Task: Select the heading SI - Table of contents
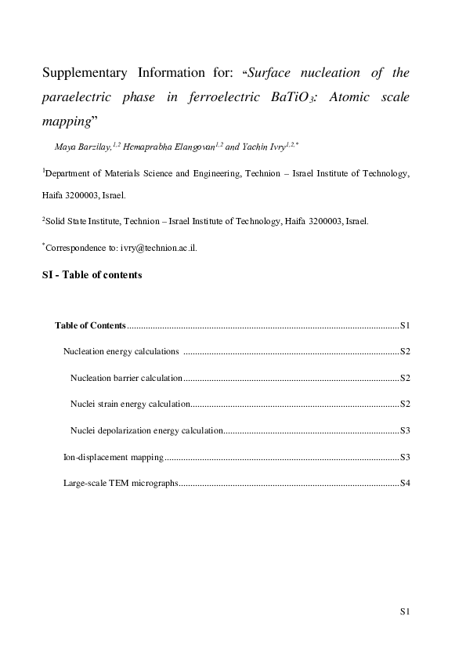pos(92,274)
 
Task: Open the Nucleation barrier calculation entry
pos(126,378)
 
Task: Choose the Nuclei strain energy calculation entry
pos(130,404)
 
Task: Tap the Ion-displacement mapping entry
pos(113,457)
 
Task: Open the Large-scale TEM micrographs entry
pos(121,483)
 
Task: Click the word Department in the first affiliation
pos(70,172)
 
